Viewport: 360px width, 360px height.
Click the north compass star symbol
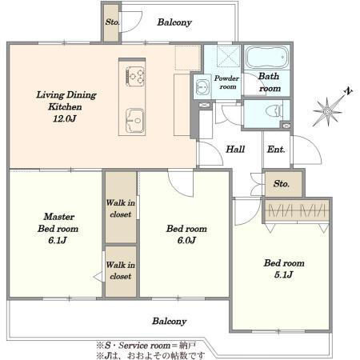coord(328,110)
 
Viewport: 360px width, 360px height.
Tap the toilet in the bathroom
coord(274,110)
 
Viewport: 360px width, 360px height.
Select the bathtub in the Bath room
coord(267,57)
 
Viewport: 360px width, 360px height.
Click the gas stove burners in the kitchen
coord(136,76)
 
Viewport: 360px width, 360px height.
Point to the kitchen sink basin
coord(135,120)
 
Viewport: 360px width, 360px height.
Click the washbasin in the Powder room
coord(202,86)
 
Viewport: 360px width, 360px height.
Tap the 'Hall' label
coord(235,149)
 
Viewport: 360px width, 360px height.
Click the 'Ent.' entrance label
coord(276,150)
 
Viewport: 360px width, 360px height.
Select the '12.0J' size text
coord(65,118)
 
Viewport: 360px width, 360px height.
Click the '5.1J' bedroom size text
coord(283,274)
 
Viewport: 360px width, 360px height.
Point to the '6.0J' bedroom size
coord(186,240)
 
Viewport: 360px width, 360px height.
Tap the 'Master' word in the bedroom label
coord(59,217)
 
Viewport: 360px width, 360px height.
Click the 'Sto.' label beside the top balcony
coord(112,22)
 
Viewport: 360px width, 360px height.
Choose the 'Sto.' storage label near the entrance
coord(282,183)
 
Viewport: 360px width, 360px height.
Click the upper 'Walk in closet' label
coord(121,208)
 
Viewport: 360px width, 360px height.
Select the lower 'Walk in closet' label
coord(121,270)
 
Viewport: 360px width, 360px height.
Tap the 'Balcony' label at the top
coord(174,22)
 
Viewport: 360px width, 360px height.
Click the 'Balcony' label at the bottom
coord(170,322)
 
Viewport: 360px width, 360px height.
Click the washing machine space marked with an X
coord(229,56)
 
